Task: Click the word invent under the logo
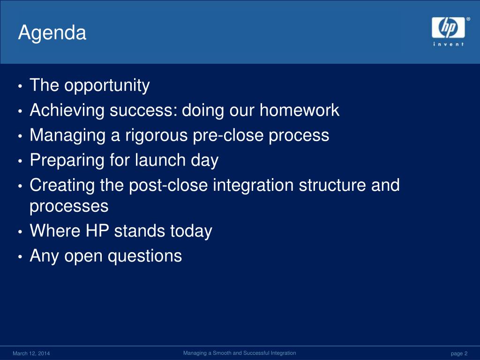click(x=448, y=45)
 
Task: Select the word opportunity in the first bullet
click(x=107, y=86)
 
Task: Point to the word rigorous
click(x=157, y=136)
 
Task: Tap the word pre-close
click(x=228, y=136)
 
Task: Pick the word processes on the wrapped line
click(x=69, y=206)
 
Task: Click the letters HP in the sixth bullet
click(x=97, y=231)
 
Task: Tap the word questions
click(x=145, y=256)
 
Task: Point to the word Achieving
click(x=67, y=111)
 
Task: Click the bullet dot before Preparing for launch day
click(x=20, y=161)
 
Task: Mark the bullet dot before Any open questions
click(x=20, y=256)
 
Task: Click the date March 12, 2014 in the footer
click(x=31, y=353)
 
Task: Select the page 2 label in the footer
click(x=459, y=353)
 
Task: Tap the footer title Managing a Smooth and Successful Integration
click(x=240, y=353)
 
